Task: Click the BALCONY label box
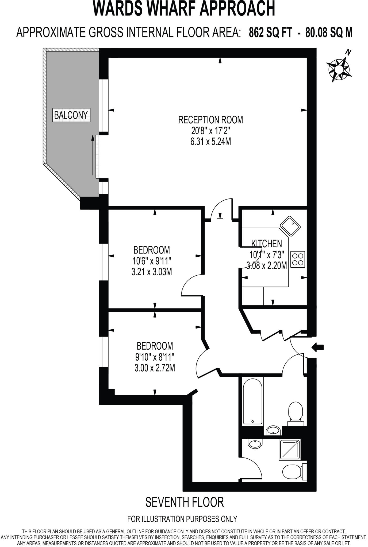pos(71,115)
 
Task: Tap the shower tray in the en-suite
pos(289,450)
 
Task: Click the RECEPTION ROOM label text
pos(210,120)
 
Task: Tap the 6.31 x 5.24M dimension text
pos(210,142)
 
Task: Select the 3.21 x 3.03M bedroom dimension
pos(152,272)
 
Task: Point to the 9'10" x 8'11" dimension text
pos(155,357)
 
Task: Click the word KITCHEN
pos(266,243)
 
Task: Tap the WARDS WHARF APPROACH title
pos(184,9)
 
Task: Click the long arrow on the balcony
pos(93,155)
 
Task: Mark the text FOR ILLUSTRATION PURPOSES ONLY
pos(182,519)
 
